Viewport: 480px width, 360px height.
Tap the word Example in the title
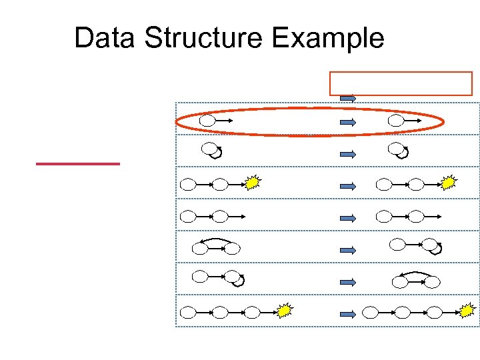(328, 38)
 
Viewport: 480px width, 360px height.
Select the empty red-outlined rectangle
(401, 83)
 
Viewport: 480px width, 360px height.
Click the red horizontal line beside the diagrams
(78, 163)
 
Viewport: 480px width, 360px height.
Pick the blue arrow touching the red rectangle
(348, 99)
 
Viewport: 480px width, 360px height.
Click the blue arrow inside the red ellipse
(348, 122)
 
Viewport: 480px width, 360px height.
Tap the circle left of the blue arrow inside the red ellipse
(208, 121)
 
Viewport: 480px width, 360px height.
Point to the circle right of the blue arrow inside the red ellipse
(396, 121)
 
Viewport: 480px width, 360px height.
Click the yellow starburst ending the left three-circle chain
(285, 311)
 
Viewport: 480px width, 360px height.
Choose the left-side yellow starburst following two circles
(252, 182)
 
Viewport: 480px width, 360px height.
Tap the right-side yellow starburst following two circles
(449, 182)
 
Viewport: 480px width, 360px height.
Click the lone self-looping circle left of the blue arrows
(211, 149)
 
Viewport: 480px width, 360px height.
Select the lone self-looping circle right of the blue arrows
(397, 149)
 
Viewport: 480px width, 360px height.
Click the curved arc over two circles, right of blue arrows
(415, 273)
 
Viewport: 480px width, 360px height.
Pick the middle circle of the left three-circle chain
(219, 311)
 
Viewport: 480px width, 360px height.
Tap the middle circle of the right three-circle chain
(402, 311)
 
